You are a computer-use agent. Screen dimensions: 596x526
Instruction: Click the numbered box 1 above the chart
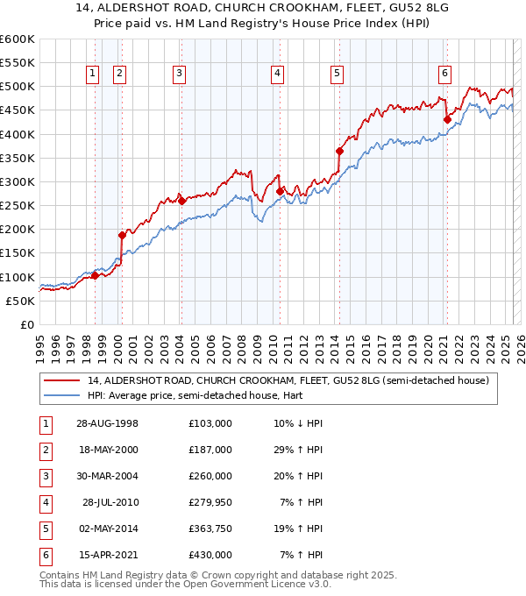click(92, 74)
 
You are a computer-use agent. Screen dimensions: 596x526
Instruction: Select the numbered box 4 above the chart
click(277, 74)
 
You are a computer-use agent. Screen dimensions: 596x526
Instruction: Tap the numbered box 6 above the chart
click(445, 74)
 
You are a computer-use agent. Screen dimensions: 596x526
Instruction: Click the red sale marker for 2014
click(339, 151)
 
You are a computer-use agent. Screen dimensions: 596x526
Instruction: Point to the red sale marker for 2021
click(447, 119)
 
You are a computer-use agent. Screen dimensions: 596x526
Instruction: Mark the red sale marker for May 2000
click(123, 235)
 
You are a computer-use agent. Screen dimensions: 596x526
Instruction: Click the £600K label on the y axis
click(18, 39)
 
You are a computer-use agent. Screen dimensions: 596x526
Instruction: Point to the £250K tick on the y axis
click(18, 206)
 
